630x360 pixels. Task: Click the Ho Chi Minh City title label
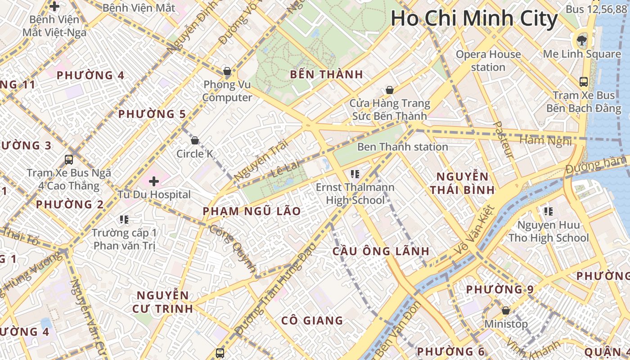474,19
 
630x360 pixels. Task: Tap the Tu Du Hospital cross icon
154,181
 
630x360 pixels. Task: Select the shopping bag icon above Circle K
195,140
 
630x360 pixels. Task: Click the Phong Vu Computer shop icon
227,71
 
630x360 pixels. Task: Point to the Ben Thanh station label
402,147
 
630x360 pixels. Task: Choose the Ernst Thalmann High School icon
355,174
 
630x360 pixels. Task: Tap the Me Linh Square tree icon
582,40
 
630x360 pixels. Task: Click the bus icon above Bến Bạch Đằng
583,82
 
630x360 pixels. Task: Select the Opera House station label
488,61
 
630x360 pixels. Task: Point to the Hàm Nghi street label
545,141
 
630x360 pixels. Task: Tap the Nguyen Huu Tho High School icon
548,211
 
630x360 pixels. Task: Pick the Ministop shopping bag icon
506,310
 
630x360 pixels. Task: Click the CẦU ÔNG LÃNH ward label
381,251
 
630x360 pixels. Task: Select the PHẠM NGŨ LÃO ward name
252,211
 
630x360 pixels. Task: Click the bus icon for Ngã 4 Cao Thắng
69,159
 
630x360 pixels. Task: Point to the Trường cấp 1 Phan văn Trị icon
124,220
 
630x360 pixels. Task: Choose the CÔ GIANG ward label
312,320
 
